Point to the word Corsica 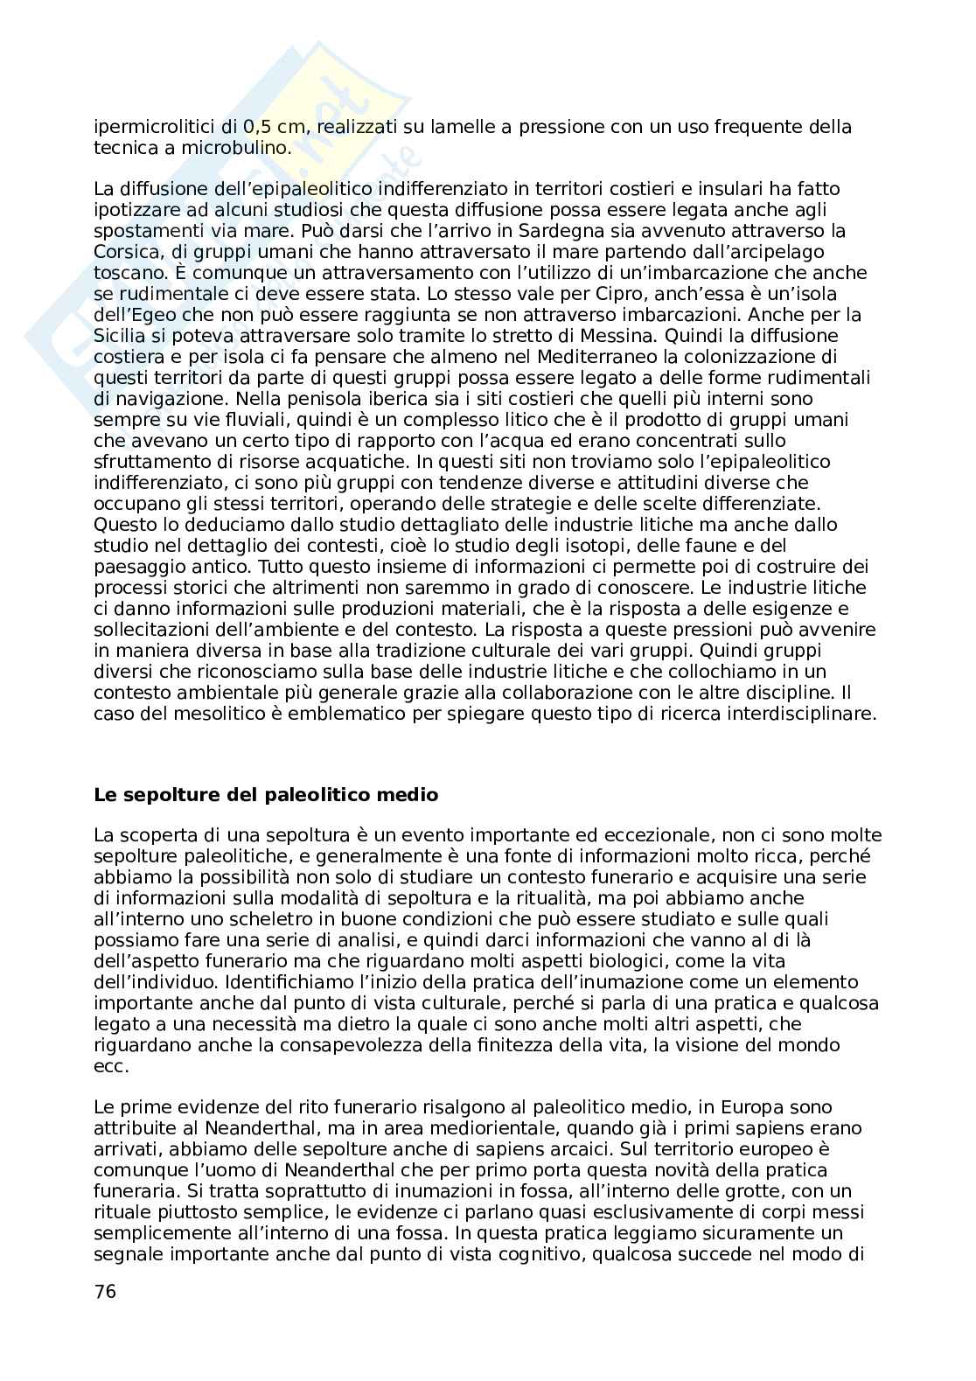pos(122,253)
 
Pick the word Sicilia pos(121,337)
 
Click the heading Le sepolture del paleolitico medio pos(266,796)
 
